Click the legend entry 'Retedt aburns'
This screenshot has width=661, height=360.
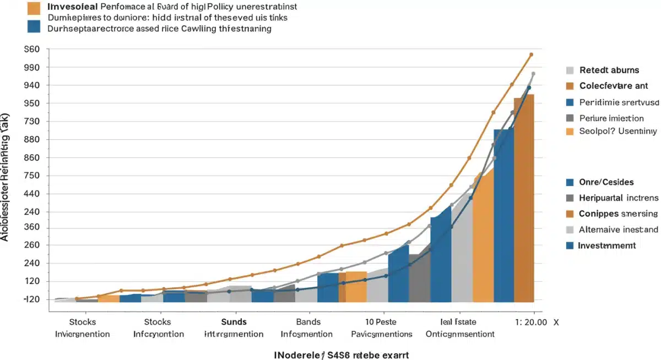point(609,70)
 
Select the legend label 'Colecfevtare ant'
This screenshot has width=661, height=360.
point(614,86)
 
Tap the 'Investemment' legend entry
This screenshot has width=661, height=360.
point(607,246)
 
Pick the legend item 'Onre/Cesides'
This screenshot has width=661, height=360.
point(606,182)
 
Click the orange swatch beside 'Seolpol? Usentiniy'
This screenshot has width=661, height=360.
point(570,132)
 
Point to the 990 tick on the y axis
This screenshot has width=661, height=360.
point(32,67)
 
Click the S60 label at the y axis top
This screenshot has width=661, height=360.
point(32,49)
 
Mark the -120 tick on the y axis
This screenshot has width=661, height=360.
point(31,299)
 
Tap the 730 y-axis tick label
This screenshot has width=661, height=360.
point(32,121)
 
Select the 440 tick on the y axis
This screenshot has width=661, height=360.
point(32,194)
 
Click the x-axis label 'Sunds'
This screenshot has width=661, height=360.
point(234,322)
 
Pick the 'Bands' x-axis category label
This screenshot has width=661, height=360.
point(308,322)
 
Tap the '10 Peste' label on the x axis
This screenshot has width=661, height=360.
point(381,322)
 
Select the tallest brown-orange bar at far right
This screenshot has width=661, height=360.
point(524,198)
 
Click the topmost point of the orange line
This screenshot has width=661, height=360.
point(531,54)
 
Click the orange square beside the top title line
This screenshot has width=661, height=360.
point(34,8)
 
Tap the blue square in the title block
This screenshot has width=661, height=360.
point(34,26)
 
